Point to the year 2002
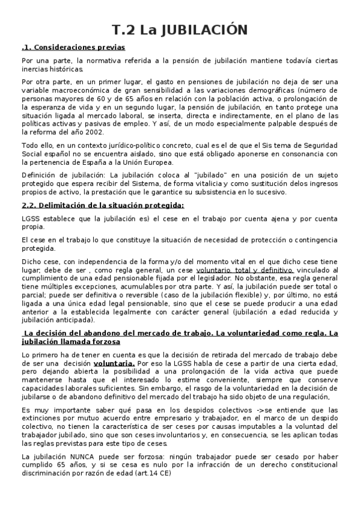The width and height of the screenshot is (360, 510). coord(95,132)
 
